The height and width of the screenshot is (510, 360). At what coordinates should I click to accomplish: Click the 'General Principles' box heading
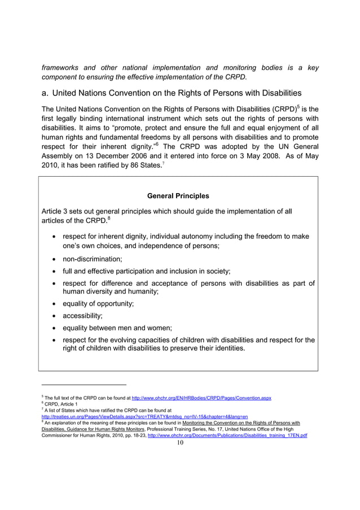(178, 196)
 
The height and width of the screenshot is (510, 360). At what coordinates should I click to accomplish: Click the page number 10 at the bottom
(180, 442)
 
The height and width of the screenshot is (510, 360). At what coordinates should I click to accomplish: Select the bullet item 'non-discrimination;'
(92, 259)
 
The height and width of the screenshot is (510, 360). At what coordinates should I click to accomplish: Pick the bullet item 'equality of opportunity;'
(98, 303)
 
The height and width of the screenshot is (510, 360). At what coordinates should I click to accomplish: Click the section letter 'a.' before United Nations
(46, 93)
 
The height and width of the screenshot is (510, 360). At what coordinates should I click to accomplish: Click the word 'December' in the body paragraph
(109, 154)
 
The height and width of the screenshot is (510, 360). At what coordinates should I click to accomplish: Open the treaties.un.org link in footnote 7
(145, 417)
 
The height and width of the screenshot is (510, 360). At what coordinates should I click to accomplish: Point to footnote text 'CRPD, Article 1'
(60, 404)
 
